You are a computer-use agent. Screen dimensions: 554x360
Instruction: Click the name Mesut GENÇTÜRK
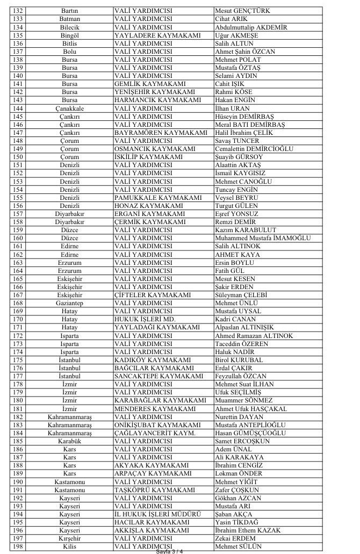tap(242, 11)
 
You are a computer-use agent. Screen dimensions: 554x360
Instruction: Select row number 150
tap(18, 157)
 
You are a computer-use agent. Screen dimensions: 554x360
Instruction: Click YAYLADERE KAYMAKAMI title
tap(149, 35)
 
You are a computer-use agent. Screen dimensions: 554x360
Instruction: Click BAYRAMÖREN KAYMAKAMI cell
tap(161, 133)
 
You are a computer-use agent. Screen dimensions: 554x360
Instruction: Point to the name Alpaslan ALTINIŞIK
tap(244, 327)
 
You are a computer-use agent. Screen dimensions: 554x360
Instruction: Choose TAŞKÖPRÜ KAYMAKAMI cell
tap(154, 490)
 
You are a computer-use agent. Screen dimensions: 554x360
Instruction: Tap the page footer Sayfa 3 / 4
tap(169, 551)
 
